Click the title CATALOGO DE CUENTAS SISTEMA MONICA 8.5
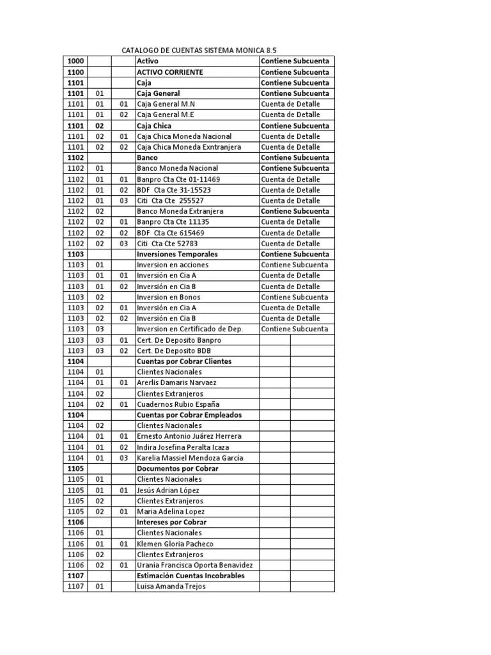tap(199, 51)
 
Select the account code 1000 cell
tap(75, 61)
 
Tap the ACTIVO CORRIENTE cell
tap(170, 72)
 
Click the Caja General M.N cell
tap(166, 104)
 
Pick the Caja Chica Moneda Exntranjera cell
tap(189, 147)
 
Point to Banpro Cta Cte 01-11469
tap(178, 179)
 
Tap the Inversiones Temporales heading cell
tap(177, 255)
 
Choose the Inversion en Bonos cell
tap(168, 297)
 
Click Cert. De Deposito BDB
tap(173, 351)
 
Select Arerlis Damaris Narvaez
tap(176, 383)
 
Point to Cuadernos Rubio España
tap(178, 404)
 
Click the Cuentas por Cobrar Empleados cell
tap(189, 415)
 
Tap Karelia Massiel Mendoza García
tap(190, 458)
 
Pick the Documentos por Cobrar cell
tap(178, 469)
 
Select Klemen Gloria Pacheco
tap(175, 544)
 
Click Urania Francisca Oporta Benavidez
tap(194, 565)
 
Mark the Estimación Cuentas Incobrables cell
tap(191, 576)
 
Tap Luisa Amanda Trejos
tap(171, 587)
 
